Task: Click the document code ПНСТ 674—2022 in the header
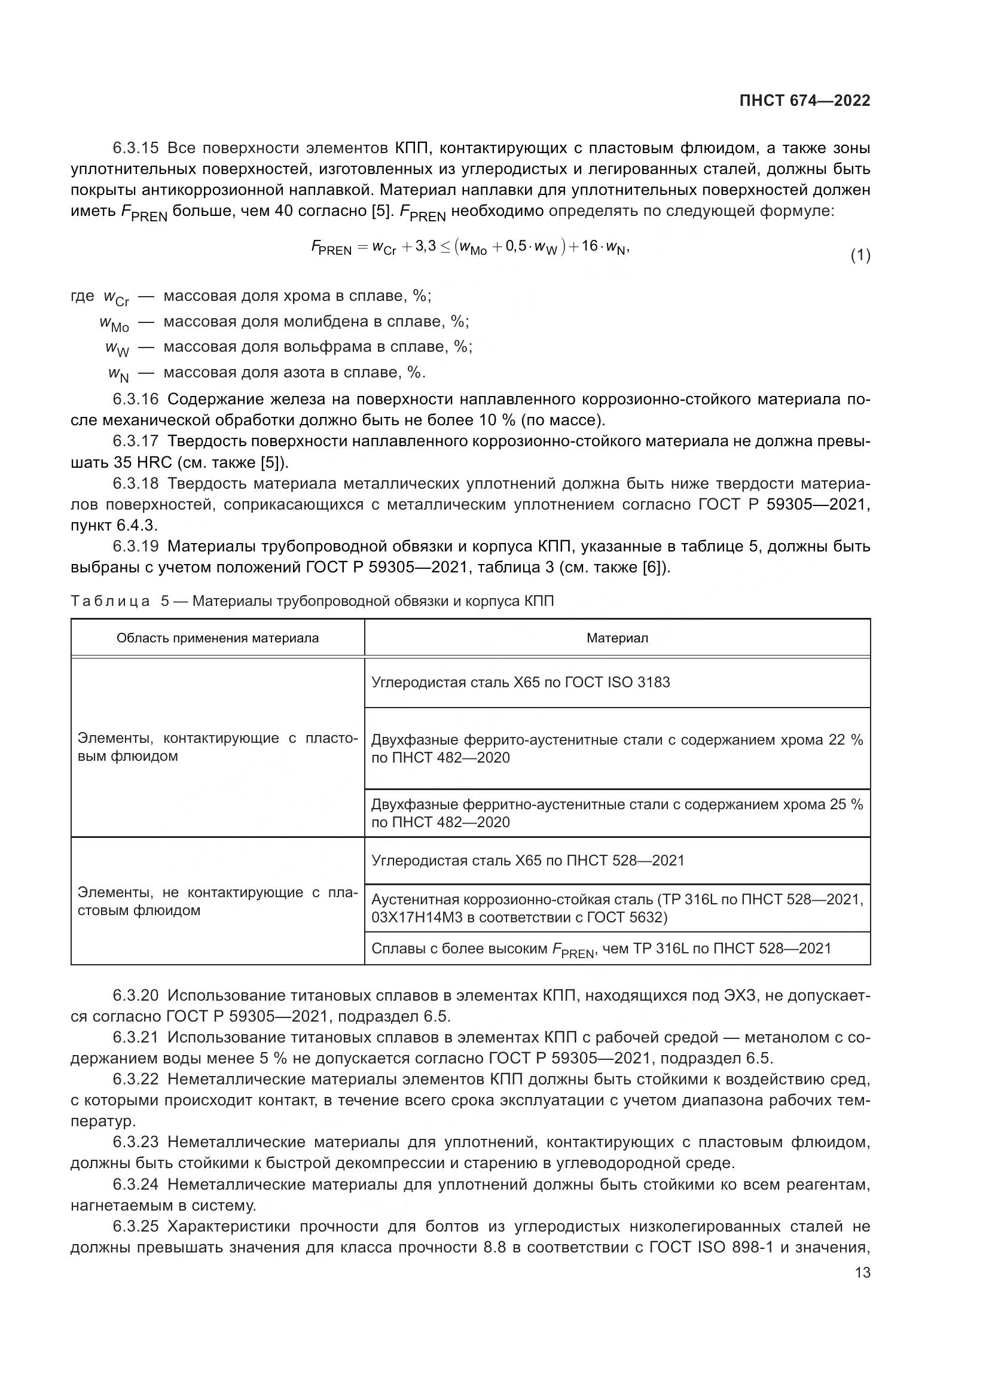click(804, 100)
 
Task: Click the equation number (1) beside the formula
click(860, 256)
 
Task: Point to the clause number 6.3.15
click(135, 148)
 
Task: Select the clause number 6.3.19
click(135, 546)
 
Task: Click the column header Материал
click(617, 638)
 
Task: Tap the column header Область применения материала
click(218, 638)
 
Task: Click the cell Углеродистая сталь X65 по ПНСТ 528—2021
click(528, 860)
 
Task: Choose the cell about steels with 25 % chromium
click(617, 813)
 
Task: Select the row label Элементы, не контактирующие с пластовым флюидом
click(218, 901)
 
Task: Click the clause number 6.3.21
click(135, 1037)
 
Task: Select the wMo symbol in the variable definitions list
click(114, 324)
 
